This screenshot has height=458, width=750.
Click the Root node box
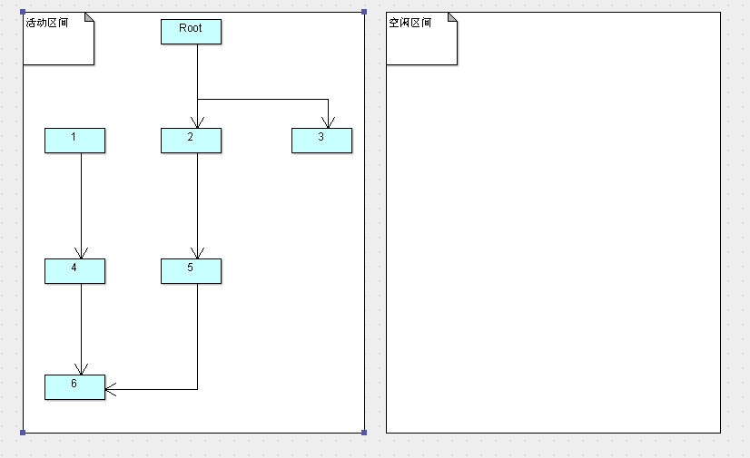191,31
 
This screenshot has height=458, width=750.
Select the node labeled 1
74,140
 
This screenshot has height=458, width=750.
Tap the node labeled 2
191,140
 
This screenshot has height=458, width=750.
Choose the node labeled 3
321,140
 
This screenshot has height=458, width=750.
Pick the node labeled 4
74,270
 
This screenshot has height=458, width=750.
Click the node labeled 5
191,270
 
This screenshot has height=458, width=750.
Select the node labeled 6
74,386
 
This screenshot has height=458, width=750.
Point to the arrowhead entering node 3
328,122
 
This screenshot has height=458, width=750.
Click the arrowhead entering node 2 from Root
197,122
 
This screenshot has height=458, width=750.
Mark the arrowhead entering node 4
81,253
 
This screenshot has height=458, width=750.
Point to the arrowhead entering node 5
197,253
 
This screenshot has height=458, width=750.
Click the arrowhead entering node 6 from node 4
81,369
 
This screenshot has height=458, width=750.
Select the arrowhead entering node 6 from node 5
111,389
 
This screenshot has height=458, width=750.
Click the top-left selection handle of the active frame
23,12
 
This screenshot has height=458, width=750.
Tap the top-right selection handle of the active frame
364,12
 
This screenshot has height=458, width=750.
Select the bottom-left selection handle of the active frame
23,433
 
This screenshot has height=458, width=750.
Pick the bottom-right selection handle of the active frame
364,433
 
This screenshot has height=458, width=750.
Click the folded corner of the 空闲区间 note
452,18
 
